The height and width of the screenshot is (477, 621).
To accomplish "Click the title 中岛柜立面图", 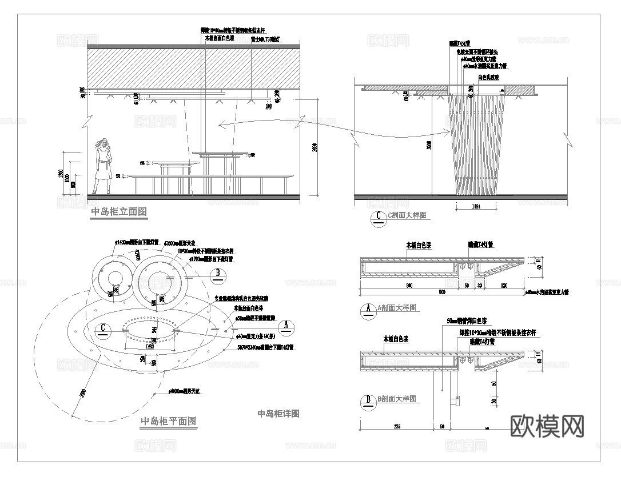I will click(119, 212).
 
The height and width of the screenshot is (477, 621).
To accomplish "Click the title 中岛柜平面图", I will click(169, 422).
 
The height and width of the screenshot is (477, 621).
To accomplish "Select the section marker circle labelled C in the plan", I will click(102, 328).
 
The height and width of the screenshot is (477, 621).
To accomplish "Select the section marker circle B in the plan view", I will click(218, 275).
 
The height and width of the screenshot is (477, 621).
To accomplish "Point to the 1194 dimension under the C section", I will click(476, 206).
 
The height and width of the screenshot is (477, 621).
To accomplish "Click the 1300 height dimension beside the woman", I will click(61, 174).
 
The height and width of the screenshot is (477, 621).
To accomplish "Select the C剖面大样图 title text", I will click(408, 216).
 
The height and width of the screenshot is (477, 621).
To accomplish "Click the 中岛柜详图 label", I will click(278, 414).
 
